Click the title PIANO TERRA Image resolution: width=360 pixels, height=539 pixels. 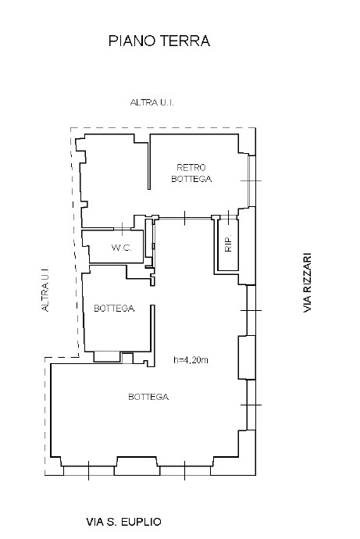[x=159, y=41]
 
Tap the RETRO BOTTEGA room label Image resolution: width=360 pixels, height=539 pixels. [x=191, y=173]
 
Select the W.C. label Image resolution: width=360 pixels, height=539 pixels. [x=121, y=248]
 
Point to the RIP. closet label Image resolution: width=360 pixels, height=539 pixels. [x=229, y=244]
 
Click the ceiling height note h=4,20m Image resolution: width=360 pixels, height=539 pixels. [x=191, y=360]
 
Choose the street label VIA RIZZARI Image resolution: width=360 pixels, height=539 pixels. [x=307, y=283]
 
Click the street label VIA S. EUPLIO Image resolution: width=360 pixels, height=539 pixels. [x=123, y=522]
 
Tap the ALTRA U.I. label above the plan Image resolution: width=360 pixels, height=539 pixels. [x=151, y=102]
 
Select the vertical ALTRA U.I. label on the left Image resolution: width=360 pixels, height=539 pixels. [x=45, y=289]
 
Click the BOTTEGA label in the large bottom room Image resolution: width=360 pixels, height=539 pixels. [x=148, y=397]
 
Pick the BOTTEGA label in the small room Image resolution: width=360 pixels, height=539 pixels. [x=114, y=309]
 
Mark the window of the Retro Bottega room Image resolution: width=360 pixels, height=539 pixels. [x=252, y=180]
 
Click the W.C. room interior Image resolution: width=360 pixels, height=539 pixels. [x=116, y=247]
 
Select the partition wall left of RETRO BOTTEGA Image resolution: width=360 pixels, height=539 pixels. [x=149, y=162]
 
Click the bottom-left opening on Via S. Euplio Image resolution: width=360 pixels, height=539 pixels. [x=88, y=470]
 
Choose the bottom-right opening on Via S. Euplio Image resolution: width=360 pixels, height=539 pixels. [x=185, y=470]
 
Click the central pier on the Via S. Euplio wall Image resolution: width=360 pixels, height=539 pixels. [x=137, y=466]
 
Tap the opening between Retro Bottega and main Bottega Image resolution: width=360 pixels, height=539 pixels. [x=185, y=218]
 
